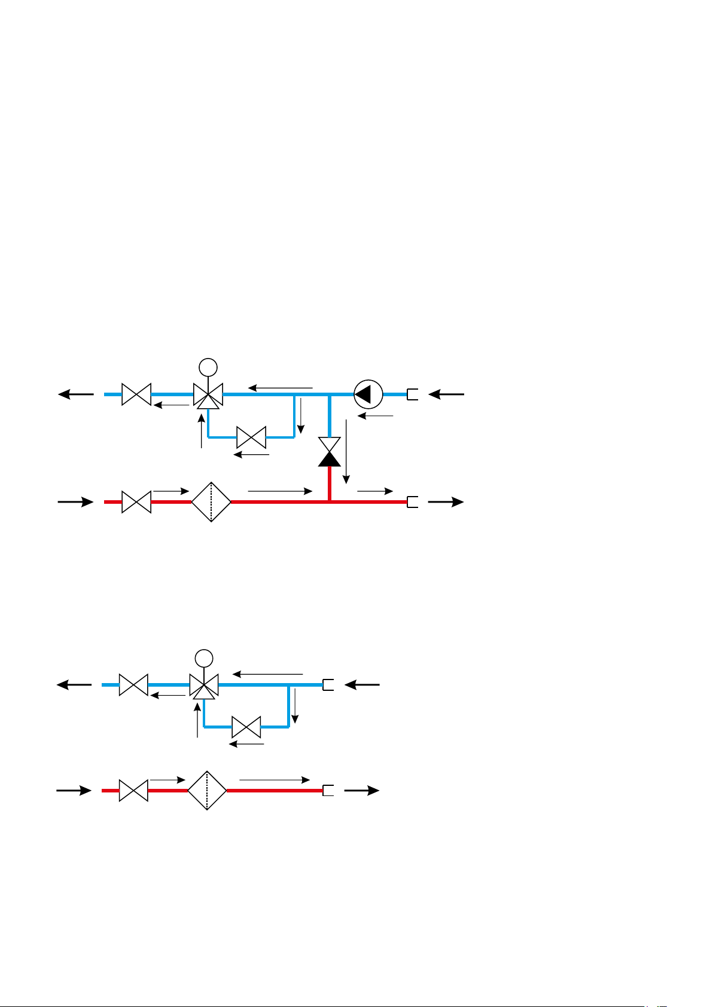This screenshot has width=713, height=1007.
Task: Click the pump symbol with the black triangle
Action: [368, 394]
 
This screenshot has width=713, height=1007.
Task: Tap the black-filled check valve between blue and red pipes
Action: [330, 452]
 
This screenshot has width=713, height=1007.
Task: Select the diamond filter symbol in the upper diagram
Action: [211, 502]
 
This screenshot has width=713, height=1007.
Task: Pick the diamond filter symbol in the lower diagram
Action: [207, 790]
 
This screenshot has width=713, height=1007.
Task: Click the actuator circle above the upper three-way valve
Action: [208, 366]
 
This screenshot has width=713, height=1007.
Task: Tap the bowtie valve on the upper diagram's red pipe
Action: [136, 502]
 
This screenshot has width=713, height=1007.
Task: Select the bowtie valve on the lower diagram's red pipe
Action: [133, 790]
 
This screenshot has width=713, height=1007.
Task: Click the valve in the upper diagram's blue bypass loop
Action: [251, 437]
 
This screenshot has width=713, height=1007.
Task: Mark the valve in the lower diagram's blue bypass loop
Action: [246, 727]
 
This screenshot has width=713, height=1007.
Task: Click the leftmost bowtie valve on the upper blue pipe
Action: [136, 394]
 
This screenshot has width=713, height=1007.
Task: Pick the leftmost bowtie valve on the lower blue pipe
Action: [133, 685]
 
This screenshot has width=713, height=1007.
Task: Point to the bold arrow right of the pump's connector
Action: [446, 394]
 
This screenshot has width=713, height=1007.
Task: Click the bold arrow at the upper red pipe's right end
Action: [446, 502]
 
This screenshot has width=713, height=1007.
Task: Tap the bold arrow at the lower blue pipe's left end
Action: [75, 685]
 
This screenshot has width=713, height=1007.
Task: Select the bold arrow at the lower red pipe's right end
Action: [362, 790]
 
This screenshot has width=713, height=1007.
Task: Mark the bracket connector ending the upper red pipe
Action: [412, 502]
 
